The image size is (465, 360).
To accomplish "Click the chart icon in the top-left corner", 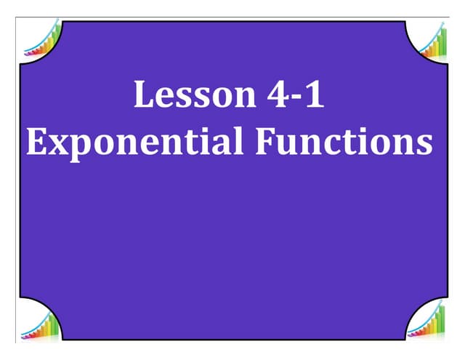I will click(41, 40).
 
